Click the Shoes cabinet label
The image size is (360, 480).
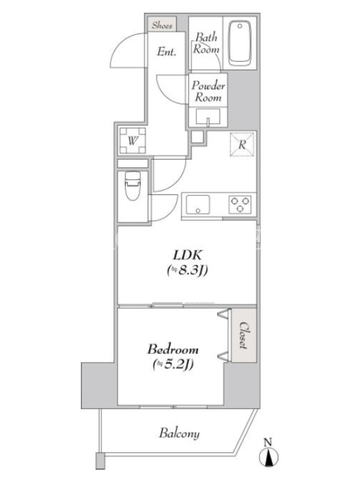click(161, 25)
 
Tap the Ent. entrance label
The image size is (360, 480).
click(167, 52)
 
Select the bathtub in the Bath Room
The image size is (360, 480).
click(239, 43)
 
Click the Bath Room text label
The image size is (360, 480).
click(206, 43)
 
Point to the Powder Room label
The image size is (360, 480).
click(208, 91)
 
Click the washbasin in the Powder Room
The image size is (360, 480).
click(208, 116)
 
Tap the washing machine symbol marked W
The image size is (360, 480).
click(132, 140)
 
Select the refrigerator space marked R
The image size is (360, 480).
click(242, 144)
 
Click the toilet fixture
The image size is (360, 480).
click(133, 185)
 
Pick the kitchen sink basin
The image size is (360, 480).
click(198, 205)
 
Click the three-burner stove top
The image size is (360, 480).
click(241, 205)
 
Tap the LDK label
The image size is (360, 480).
click(187, 254)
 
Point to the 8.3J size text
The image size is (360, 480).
click(188, 271)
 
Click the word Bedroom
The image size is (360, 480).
click(173, 349)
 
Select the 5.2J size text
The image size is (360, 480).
click(173, 364)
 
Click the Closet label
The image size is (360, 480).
click(244, 335)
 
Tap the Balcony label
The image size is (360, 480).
click(179, 433)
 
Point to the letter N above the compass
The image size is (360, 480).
click(268, 442)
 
